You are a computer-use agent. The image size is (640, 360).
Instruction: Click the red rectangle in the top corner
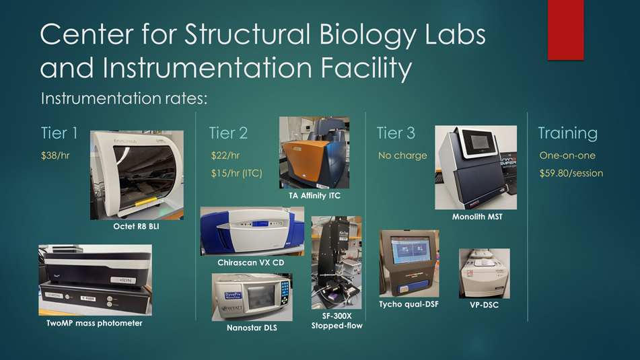coord(565,30)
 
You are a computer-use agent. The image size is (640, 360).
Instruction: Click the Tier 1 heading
coord(59,133)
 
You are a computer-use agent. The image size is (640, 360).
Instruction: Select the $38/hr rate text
coord(55,155)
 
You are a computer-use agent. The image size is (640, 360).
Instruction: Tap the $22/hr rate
coord(225,155)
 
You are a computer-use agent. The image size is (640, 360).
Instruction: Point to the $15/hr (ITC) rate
coord(236,174)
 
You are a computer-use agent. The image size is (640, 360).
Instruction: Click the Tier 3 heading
coord(396,133)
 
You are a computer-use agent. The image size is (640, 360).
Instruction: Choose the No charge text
coord(402,155)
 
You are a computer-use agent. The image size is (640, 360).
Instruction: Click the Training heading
coord(567,133)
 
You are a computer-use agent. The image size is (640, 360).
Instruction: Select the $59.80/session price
coord(571,174)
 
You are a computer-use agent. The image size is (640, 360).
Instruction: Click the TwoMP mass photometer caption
coord(94,323)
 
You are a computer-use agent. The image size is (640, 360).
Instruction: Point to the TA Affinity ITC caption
coord(314,196)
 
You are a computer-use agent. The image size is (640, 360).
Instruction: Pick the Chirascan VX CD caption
coord(250,262)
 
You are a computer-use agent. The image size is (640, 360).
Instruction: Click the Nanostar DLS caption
coord(252,328)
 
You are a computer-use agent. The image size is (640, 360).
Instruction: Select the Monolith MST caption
coord(476,217)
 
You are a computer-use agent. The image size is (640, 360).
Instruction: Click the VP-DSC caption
coord(484,305)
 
